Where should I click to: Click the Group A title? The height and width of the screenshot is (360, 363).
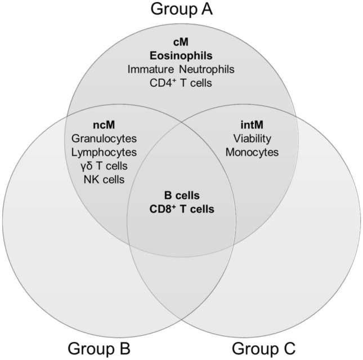182,10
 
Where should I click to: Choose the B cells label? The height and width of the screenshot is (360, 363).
182,195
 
